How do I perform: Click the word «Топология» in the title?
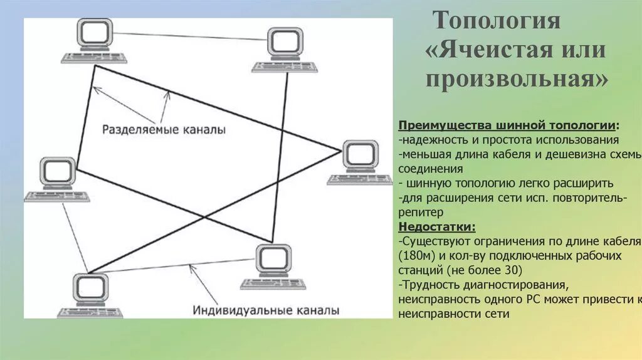pos(497,20)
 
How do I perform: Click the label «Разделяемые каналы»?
pos(164,130)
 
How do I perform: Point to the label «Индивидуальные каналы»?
pos(266,310)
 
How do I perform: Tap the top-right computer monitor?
pos(285,42)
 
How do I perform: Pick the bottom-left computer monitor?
pos(91,288)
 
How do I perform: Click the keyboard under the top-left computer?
pos(94,58)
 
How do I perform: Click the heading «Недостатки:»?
pos(436,226)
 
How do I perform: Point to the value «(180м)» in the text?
pos(415,257)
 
